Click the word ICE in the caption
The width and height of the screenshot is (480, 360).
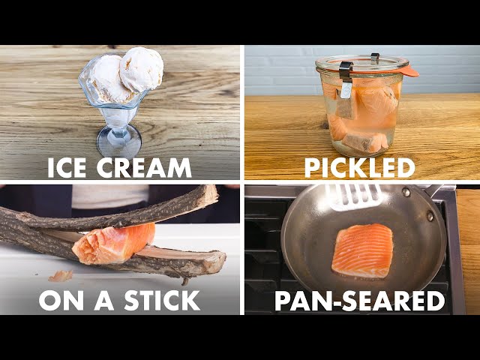[x=67, y=168]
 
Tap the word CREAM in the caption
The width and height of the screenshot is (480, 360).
[x=144, y=168]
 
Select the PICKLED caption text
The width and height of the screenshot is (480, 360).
[x=360, y=168]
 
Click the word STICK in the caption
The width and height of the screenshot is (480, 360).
[x=162, y=301]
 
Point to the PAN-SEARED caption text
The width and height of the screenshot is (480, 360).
[x=360, y=301]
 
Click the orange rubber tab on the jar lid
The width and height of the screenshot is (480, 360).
[x=409, y=72]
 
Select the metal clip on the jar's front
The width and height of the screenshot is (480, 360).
[x=346, y=79]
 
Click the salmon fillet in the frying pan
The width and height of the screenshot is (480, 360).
[x=362, y=250]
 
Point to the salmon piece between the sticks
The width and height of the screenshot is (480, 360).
[x=114, y=244]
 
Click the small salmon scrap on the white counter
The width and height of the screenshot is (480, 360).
[x=61, y=276]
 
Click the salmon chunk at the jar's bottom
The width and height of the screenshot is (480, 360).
[x=365, y=142]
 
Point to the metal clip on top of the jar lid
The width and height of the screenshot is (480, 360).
[x=375, y=58]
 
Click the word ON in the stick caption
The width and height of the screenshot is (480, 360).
[x=61, y=301]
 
